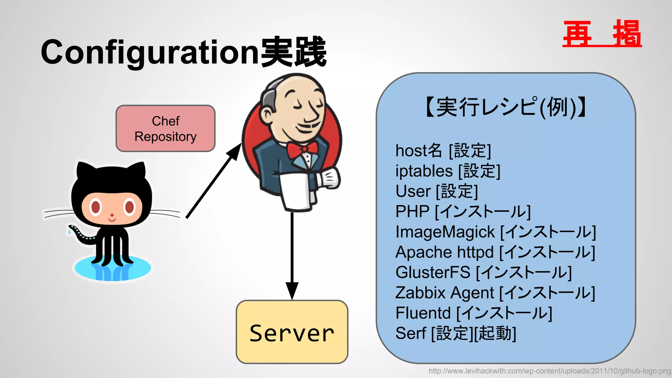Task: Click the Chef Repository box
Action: click(165, 129)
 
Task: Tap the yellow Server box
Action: click(292, 332)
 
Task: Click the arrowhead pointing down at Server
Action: click(292, 290)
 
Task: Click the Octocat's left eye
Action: click(96, 207)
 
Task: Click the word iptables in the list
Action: click(424, 171)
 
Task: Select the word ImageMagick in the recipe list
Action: click(445, 232)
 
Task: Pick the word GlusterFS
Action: click(433, 272)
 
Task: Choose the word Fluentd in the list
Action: click(423, 313)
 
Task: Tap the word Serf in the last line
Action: click(410, 333)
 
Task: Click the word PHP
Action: click(412, 212)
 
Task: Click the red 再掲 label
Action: click(602, 33)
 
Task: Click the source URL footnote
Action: click(550, 371)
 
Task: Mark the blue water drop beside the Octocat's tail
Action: click(69, 232)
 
